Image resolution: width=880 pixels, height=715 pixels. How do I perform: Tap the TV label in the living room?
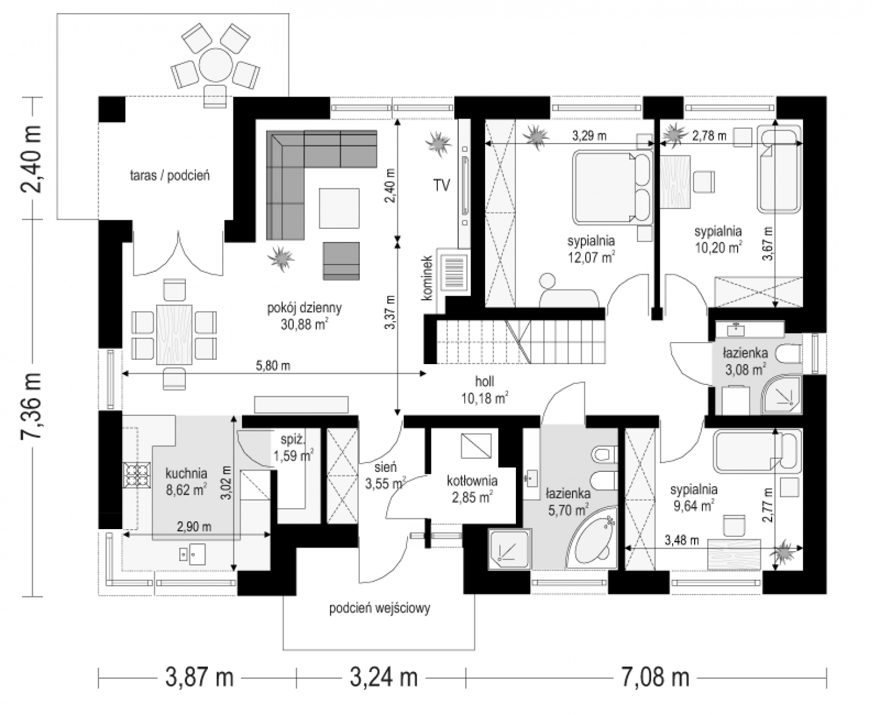coord(441,185)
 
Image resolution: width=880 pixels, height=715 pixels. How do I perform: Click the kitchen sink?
coord(192,554)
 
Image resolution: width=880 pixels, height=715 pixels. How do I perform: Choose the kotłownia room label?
coord(472,481)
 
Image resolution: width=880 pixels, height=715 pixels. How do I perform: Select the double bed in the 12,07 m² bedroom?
coord(612,187)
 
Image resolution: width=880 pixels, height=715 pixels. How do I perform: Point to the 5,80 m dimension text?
coord(273,366)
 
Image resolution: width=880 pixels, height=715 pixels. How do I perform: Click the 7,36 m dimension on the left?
coord(32,406)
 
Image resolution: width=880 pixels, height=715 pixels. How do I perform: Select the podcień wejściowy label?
coord(380,608)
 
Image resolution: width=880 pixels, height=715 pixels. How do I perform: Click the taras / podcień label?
coord(170,176)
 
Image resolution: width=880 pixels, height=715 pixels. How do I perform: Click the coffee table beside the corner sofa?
coord(339,208)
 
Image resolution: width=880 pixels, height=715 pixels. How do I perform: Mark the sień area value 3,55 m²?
coord(385,483)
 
